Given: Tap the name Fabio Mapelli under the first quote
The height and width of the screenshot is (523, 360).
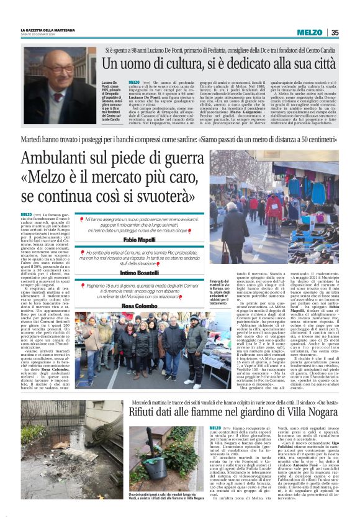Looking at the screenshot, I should [138, 239].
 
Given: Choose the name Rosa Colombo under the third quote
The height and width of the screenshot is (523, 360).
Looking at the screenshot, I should [138, 306].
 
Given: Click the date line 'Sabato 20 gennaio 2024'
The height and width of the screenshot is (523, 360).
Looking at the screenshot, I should [38, 35].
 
